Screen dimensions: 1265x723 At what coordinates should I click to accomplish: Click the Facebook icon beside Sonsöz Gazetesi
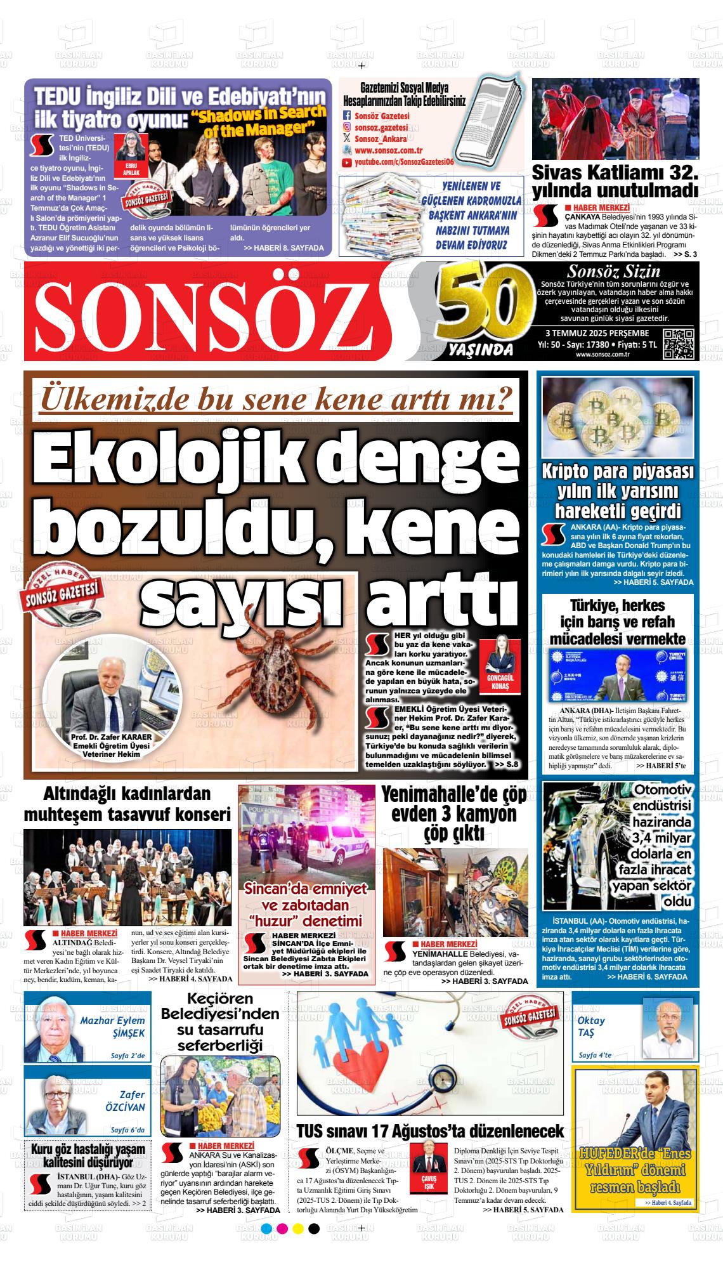point(346,116)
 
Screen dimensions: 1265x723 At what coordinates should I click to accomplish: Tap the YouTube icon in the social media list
point(346,163)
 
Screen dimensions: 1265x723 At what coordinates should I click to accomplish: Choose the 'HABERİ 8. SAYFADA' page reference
point(283,248)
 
